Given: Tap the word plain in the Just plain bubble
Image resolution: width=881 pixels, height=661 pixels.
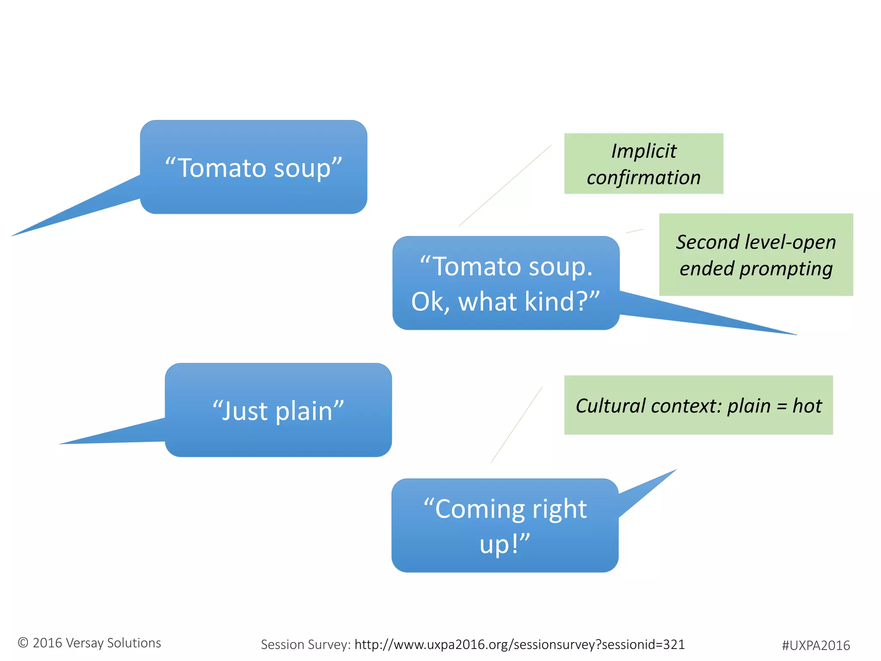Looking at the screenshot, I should pyautogui.click(x=304, y=411).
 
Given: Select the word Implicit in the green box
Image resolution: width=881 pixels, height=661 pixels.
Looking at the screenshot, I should pyautogui.click(x=644, y=151).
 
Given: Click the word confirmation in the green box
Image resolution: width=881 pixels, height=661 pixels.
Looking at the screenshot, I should pyautogui.click(x=644, y=178).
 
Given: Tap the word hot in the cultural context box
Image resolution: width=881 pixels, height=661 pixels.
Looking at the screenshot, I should pyautogui.click(x=807, y=406).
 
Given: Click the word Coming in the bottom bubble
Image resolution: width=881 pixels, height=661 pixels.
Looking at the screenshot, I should pyautogui.click(x=477, y=509).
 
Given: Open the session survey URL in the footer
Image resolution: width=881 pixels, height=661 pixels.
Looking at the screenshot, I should pyautogui.click(x=519, y=644).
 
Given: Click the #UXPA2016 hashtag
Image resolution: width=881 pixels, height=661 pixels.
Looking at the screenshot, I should pyautogui.click(x=816, y=646).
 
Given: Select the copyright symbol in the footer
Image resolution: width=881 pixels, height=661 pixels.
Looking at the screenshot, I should pyautogui.click(x=23, y=643).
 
